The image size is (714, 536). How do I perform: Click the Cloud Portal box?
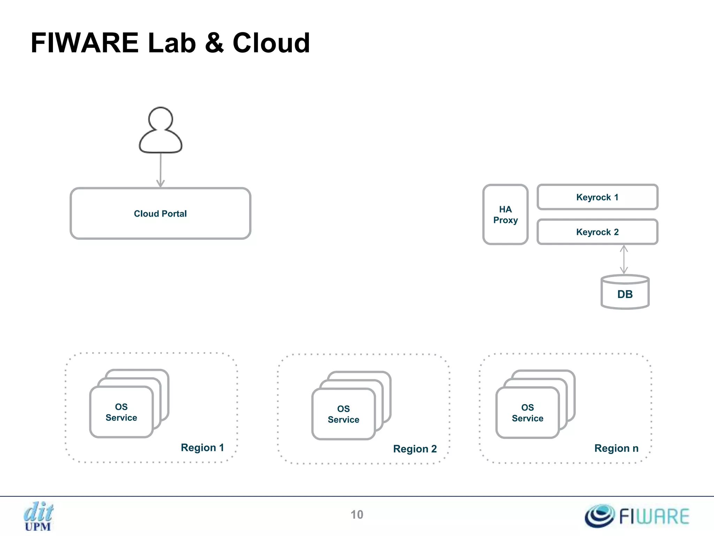tap(160, 214)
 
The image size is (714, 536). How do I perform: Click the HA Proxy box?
tap(505, 215)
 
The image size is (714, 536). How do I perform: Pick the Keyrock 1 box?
tap(597, 197)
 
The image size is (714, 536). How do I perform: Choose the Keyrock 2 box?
tap(597, 232)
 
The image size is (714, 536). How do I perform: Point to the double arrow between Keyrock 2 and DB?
tap(624, 260)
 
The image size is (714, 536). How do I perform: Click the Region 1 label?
tap(202, 448)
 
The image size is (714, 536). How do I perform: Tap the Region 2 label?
tap(415, 449)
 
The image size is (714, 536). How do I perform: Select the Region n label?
tap(616, 448)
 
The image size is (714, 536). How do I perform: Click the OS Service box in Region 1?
tap(121, 412)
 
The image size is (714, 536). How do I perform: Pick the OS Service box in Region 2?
tap(343, 414)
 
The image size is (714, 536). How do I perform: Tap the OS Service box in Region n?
tap(527, 413)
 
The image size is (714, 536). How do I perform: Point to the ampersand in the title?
tap(214, 43)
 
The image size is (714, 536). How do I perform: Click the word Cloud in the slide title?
tap(271, 43)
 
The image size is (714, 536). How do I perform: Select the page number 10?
tap(357, 515)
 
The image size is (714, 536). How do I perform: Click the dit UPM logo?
tap(38, 516)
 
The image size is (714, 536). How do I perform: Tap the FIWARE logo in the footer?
tap(637, 516)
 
